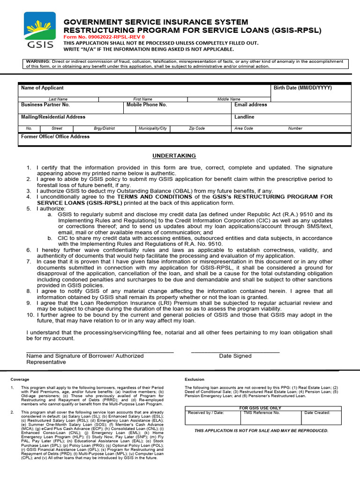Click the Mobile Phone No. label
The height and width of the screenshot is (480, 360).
(x=147, y=105)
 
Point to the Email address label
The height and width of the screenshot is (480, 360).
(x=251, y=105)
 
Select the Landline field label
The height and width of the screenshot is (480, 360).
(x=244, y=117)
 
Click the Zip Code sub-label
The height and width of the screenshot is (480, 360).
(x=197, y=128)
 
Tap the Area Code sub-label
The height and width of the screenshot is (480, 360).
(x=244, y=128)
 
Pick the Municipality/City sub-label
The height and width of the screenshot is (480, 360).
(x=153, y=128)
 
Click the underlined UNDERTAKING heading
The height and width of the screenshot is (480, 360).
(x=174, y=156)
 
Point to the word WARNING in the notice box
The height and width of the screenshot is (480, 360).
(x=38, y=61)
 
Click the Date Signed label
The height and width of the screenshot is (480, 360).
(x=235, y=356)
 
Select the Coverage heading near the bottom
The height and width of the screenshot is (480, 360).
(x=20, y=379)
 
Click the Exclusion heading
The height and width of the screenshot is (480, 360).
(x=195, y=379)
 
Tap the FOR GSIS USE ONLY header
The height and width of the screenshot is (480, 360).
(x=260, y=408)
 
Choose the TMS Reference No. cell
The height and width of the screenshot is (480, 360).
(x=262, y=413)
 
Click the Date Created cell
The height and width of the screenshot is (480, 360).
(x=317, y=413)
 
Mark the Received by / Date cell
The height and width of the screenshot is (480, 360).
(x=206, y=413)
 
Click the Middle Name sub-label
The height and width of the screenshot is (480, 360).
(x=229, y=99)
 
